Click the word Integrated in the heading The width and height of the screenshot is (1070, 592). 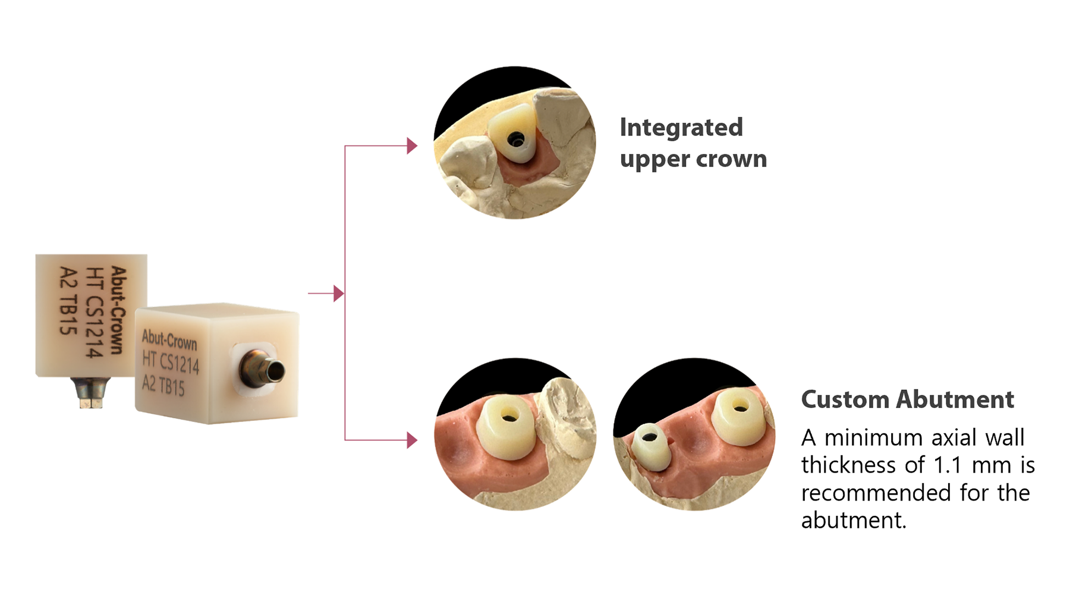pyautogui.click(x=681, y=128)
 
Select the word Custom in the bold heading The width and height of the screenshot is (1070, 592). pyautogui.click(x=845, y=399)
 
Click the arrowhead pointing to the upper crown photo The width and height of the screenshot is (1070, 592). pyautogui.click(x=412, y=146)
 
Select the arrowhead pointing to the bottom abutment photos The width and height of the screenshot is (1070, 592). pyautogui.click(x=412, y=440)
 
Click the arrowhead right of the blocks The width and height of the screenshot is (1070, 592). pyautogui.click(x=338, y=293)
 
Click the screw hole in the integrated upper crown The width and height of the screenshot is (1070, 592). pyautogui.click(x=515, y=140)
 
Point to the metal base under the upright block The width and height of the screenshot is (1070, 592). pyautogui.click(x=90, y=392)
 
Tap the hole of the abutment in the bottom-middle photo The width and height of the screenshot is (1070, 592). pyautogui.click(x=509, y=417)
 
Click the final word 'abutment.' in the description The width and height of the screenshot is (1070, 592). pyautogui.click(x=854, y=521)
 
